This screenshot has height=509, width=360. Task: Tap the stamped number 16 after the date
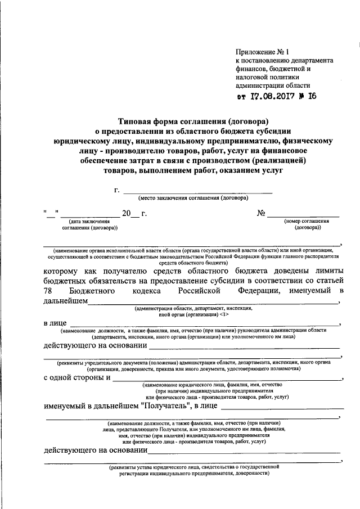click(x=311, y=95)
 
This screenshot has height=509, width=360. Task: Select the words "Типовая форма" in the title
click(x=146, y=120)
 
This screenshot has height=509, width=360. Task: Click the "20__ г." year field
click(x=134, y=214)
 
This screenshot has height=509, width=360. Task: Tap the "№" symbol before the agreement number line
click(x=261, y=214)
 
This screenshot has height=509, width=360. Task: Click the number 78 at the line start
click(x=49, y=291)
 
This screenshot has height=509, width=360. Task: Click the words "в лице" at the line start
click(x=55, y=323)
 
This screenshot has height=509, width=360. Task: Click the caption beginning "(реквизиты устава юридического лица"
click(x=192, y=467)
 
